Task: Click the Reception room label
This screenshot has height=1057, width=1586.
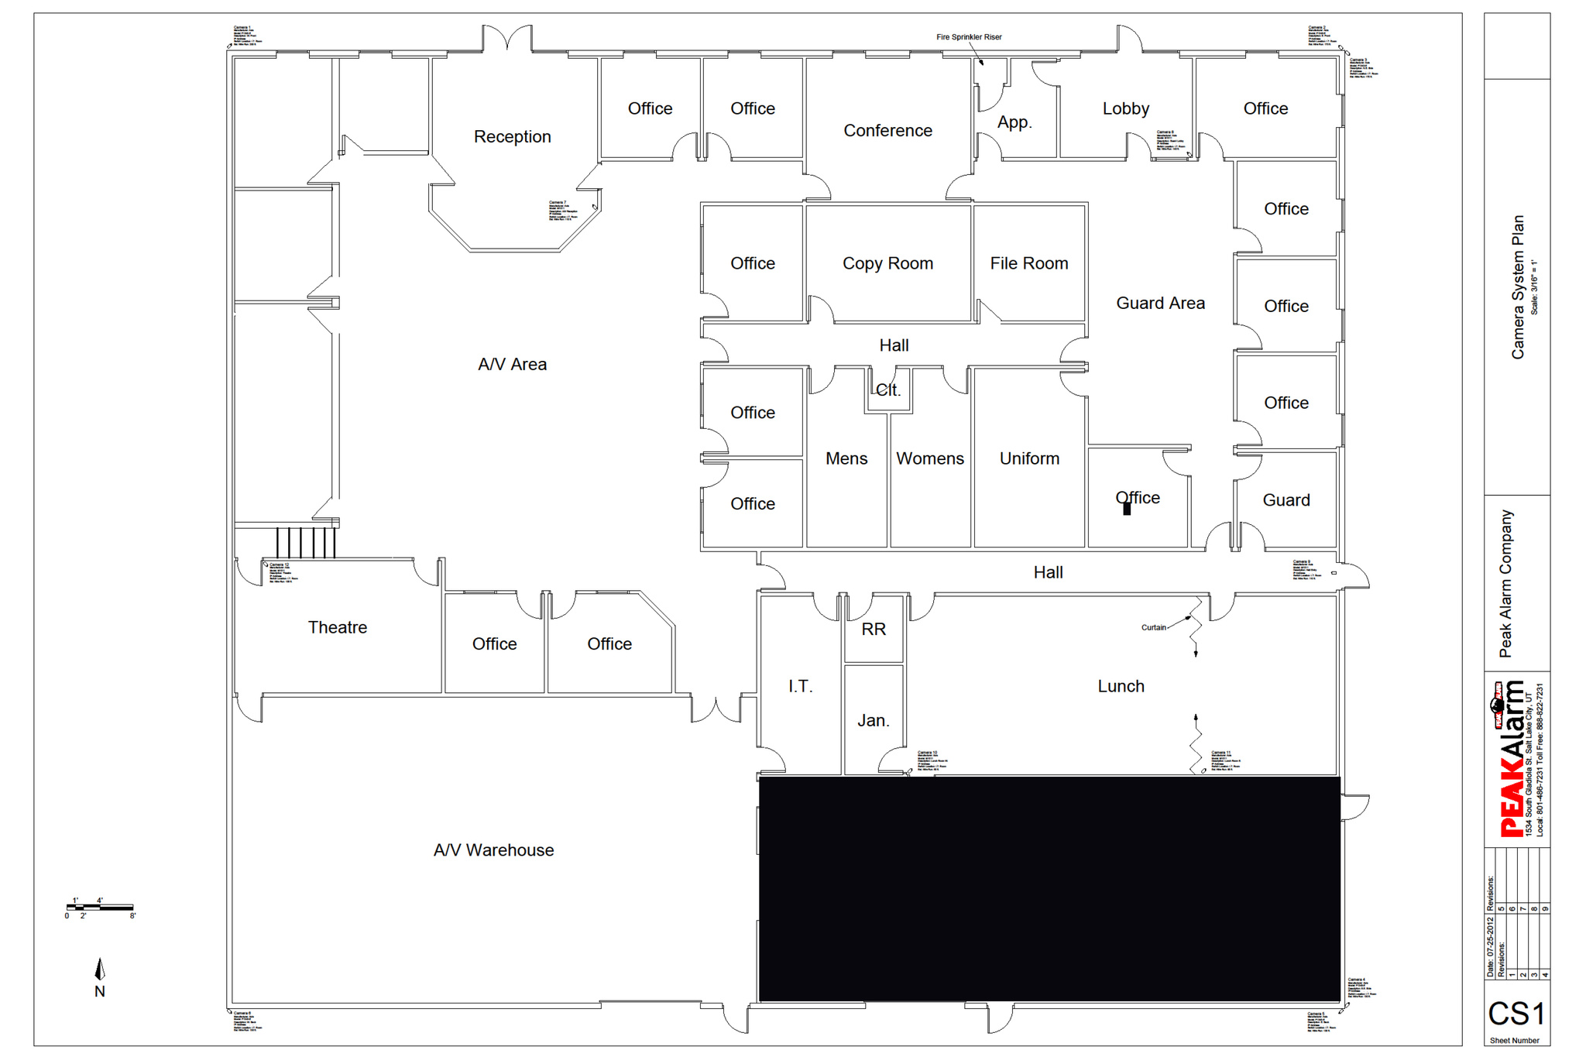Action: click(512, 137)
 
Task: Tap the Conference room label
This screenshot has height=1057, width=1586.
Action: click(887, 131)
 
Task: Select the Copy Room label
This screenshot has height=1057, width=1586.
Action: click(887, 264)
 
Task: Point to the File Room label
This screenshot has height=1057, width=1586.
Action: click(1028, 264)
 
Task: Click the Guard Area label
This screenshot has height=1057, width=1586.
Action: click(1160, 304)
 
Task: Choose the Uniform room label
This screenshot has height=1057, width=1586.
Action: click(1029, 458)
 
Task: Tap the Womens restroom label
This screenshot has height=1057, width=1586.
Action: click(929, 458)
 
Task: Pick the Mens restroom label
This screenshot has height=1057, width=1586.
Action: click(846, 458)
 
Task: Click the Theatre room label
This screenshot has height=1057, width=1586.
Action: click(338, 627)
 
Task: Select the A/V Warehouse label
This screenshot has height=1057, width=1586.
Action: click(493, 850)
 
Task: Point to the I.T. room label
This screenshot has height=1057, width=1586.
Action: click(800, 686)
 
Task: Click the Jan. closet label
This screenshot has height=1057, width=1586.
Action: click(873, 721)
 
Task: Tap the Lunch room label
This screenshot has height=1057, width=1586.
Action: click(1121, 686)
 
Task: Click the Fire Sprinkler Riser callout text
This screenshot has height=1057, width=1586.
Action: click(969, 37)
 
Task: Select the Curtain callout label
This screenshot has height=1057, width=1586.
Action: click(1153, 627)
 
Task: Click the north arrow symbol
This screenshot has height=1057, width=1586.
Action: click(100, 970)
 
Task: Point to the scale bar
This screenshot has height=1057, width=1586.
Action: click(100, 907)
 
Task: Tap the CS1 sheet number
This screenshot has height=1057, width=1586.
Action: click(1516, 1014)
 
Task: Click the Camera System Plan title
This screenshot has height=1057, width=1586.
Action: click(1518, 287)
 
